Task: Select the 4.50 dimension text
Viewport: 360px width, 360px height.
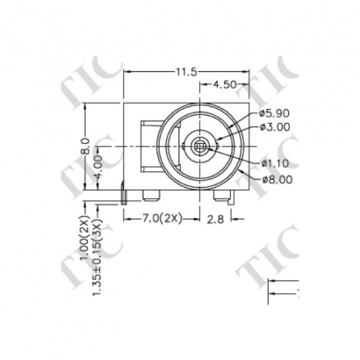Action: click(x=225, y=84)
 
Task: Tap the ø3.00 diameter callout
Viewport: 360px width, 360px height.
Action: click(x=276, y=128)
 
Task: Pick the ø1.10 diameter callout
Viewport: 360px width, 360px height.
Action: click(x=276, y=163)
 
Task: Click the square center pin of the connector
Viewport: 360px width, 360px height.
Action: click(x=200, y=143)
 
